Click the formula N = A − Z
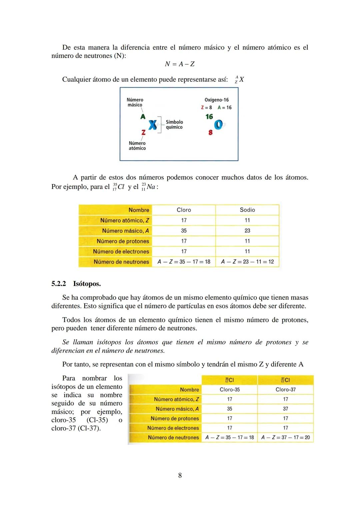click(180, 64)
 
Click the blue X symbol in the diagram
click(153, 125)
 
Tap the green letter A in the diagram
click(143, 117)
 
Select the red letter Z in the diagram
click(143, 132)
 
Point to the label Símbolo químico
click(174, 125)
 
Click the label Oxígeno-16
click(216, 100)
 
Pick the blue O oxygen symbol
click(218, 125)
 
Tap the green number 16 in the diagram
click(209, 117)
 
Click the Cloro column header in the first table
click(184, 210)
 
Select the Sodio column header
click(247, 210)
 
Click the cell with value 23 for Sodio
click(247, 231)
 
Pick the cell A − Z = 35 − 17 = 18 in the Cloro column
click(184, 262)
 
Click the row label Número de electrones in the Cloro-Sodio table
click(121, 251)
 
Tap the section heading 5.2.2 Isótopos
click(76, 284)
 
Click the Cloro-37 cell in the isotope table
click(285, 389)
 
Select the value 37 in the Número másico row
click(285, 409)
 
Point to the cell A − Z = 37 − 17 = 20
click(285, 437)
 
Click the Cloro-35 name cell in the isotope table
click(229, 389)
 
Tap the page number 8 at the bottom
click(180, 475)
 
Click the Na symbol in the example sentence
click(151, 187)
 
